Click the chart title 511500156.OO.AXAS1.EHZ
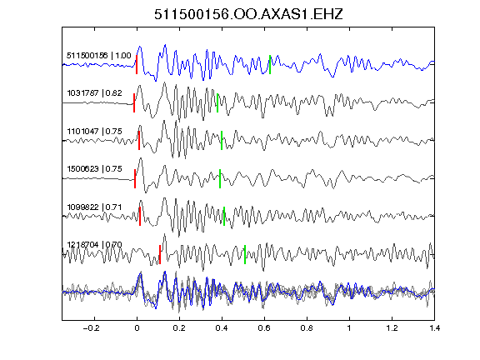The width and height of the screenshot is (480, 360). pyautogui.click(x=248, y=14)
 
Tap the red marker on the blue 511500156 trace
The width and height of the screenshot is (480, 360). pyautogui.click(x=137, y=65)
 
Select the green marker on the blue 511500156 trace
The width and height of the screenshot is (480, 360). pyautogui.click(x=270, y=65)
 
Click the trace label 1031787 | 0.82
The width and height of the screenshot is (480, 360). pyautogui.click(x=94, y=92)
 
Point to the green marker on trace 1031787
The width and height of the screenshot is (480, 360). pyautogui.click(x=217, y=102)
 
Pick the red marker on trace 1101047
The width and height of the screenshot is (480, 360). pyautogui.click(x=139, y=140)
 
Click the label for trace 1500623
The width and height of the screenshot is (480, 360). pyautogui.click(x=94, y=168)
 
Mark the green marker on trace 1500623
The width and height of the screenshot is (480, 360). pyautogui.click(x=220, y=178)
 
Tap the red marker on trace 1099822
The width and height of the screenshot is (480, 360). pyautogui.click(x=140, y=216)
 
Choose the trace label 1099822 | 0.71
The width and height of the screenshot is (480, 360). pyautogui.click(x=94, y=207)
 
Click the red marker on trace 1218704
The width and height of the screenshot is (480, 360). pyautogui.click(x=160, y=254)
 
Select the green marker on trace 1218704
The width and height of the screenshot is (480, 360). pyautogui.click(x=245, y=254)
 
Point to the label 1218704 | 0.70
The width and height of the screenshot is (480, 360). pyautogui.click(x=94, y=245)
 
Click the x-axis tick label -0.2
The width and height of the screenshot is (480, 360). pyautogui.click(x=91, y=328)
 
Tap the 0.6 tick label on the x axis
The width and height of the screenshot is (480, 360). pyautogui.click(x=264, y=328)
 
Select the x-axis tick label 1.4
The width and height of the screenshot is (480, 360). pyautogui.click(x=434, y=328)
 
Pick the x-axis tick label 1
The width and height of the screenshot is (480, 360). pyautogui.click(x=349, y=328)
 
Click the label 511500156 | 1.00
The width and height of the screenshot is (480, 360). pyautogui.click(x=99, y=55)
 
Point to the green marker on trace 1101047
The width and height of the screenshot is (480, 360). pyautogui.click(x=222, y=140)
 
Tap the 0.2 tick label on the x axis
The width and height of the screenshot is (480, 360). pyautogui.click(x=179, y=328)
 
